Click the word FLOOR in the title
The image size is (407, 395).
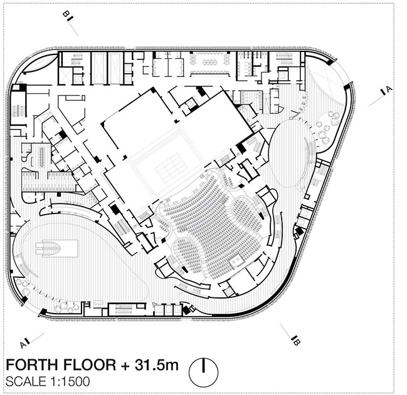click(90, 365)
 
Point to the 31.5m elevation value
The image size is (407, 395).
click(157, 365)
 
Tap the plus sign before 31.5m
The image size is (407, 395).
click(125, 366)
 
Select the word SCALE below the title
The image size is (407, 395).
click(26, 381)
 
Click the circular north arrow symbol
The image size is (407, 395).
click(203, 372)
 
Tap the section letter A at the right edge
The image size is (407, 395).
click(389, 89)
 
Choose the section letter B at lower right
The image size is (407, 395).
click(297, 342)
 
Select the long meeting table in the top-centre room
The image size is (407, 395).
click(211, 63)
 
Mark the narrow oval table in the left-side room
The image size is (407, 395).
click(42, 157)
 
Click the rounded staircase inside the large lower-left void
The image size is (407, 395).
click(48, 249)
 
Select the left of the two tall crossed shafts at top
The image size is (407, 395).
click(99, 68)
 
